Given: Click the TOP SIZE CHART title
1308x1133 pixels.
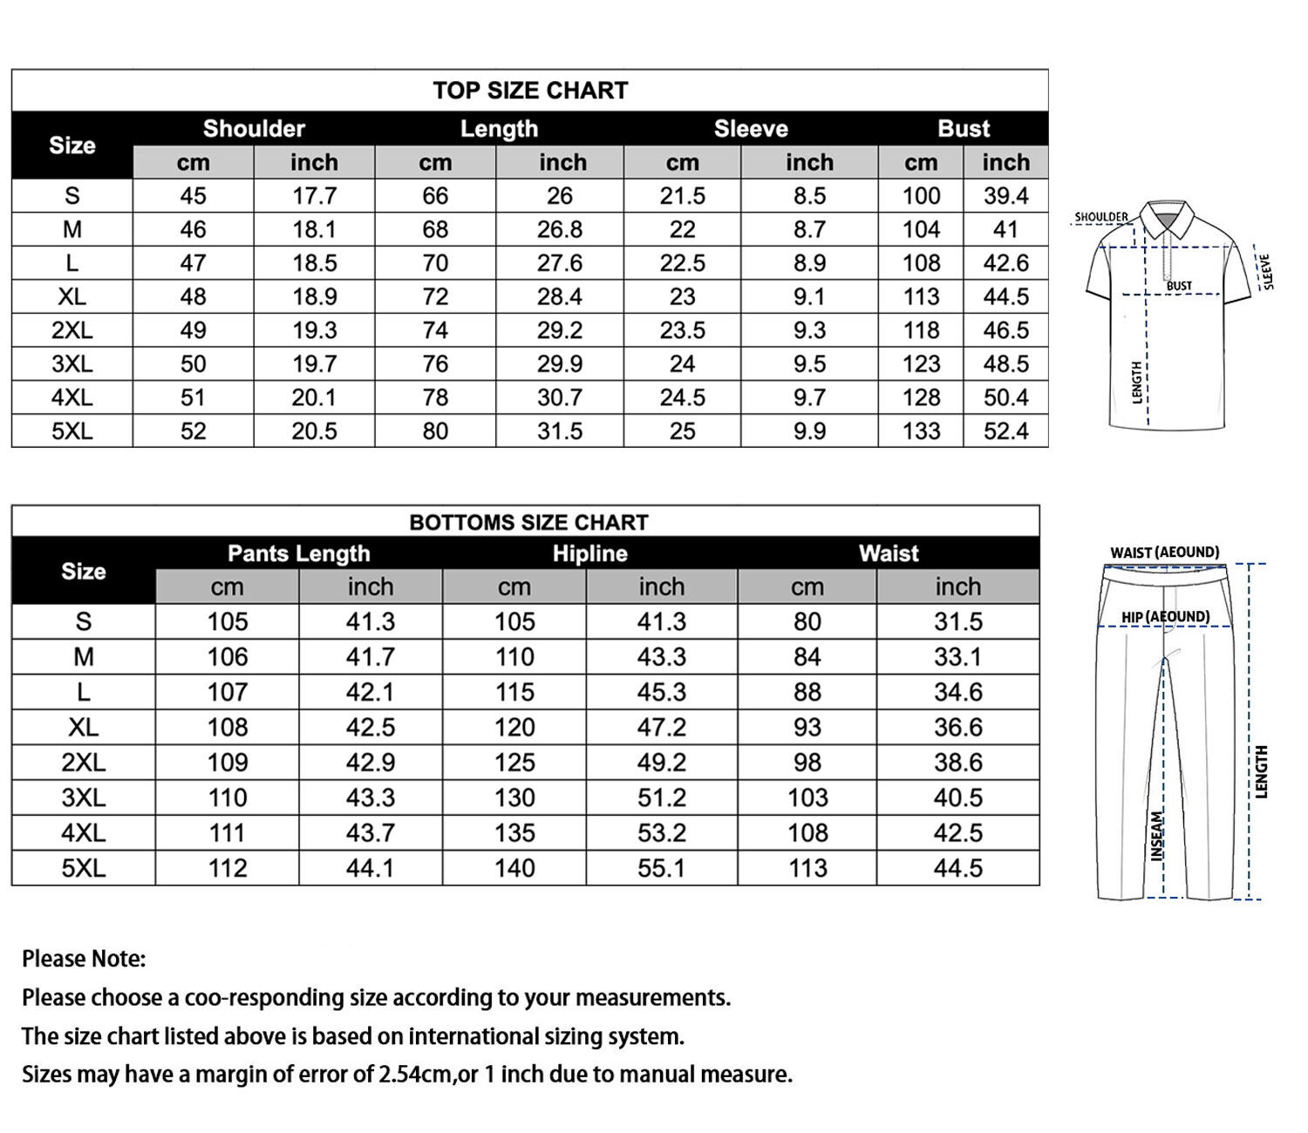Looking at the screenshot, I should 530,91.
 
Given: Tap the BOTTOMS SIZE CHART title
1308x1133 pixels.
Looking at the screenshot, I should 528,522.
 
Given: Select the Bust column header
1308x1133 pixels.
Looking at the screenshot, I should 964,129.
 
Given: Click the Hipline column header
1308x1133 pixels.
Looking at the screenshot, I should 589,553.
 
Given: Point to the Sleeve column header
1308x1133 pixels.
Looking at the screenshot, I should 751,129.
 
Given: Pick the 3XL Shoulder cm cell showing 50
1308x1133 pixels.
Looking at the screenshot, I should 193,364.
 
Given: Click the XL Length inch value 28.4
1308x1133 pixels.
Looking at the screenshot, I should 559,297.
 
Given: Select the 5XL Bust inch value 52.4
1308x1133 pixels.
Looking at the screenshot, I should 1005,431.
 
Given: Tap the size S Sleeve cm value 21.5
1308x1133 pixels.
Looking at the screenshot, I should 682,196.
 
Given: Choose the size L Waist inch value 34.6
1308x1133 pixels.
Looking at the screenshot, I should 957,692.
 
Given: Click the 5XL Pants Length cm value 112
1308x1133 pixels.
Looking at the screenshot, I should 227,868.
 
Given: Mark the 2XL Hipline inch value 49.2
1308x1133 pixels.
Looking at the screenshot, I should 661,763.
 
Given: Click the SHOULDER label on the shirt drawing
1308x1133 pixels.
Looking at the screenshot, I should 1100,217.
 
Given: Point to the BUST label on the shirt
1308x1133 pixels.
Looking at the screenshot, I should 1179,286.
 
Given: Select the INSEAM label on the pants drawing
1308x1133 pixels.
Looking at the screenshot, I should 1157,837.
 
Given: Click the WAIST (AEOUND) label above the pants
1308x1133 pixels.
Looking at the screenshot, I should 1164,553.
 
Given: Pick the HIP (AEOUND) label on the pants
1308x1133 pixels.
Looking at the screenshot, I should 1165,617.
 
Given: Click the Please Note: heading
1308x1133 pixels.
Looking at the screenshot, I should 84,959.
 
